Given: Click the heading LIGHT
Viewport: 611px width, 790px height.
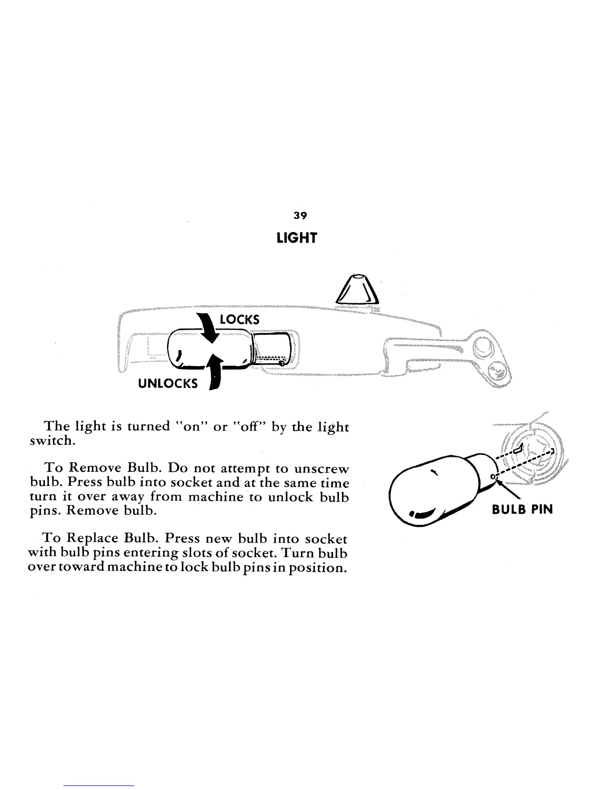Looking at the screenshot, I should pos(297,238).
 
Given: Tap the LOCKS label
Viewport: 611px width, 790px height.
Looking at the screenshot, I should pos(240,319).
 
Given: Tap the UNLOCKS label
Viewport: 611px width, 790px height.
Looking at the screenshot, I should pos(168,383).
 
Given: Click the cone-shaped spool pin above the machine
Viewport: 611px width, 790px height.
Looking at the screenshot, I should pos(358,289).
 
